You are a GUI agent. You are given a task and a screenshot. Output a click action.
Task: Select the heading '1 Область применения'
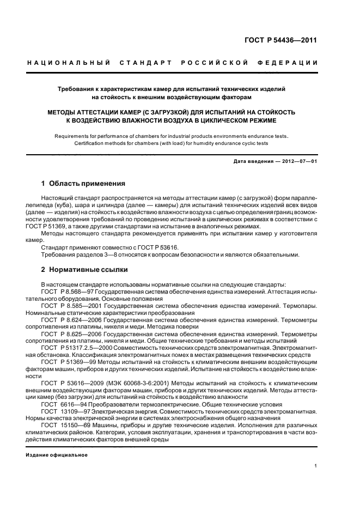tap(83, 183)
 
